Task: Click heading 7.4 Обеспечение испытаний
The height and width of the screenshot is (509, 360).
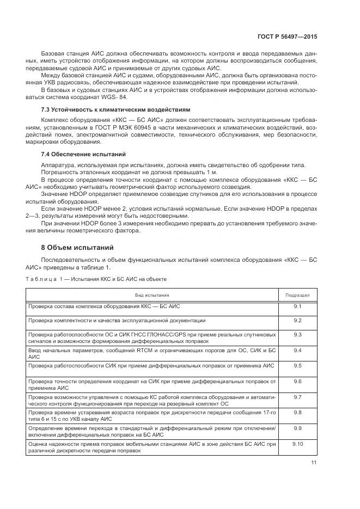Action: pyautogui.click(x=83, y=154)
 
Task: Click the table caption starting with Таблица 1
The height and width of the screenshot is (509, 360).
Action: pyautogui.click(x=96, y=278)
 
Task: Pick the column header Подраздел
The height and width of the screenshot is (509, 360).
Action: pyautogui.click(x=297, y=295)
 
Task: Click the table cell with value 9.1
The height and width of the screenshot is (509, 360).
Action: pyautogui.click(x=297, y=307)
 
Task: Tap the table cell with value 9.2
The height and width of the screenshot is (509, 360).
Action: pyautogui.click(x=297, y=320)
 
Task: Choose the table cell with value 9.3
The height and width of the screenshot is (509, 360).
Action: pyautogui.click(x=297, y=334)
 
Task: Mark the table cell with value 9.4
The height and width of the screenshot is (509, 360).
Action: pyautogui.click(x=297, y=350)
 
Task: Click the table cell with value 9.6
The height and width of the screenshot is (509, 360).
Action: pyautogui.click(x=297, y=382)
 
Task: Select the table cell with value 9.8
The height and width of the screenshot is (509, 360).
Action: pyautogui.click(x=297, y=413)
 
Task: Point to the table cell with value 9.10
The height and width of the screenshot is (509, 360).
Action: pyautogui.click(x=297, y=445)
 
